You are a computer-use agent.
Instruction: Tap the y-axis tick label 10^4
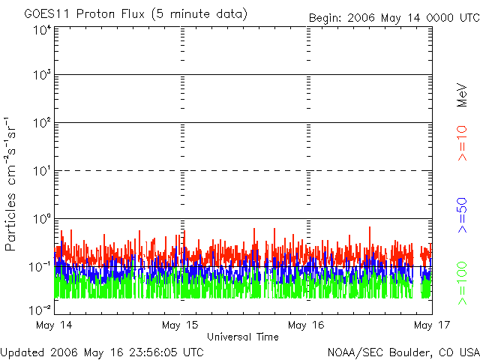(x=42, y=30)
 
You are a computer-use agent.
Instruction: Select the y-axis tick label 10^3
(x=42, y=76)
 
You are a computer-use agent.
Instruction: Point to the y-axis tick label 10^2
(x=42, y=123)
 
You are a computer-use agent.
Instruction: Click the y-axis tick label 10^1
(x=42, y=171)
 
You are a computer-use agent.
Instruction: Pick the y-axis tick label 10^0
(x=42, y=219)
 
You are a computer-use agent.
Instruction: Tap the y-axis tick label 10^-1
(x=40, y=266)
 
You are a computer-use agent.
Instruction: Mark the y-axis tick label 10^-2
(x=40, y=309)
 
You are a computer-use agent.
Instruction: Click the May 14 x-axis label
(x=54, y=325)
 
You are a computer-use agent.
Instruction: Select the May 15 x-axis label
(x=181, y=325)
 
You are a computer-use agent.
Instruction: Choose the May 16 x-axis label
(x=307, y=325)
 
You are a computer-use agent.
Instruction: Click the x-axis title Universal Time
(x=242, y=337)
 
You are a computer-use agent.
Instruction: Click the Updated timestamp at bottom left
(x=102, y=351)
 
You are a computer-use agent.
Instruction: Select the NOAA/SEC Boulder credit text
(x=403, y=351)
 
